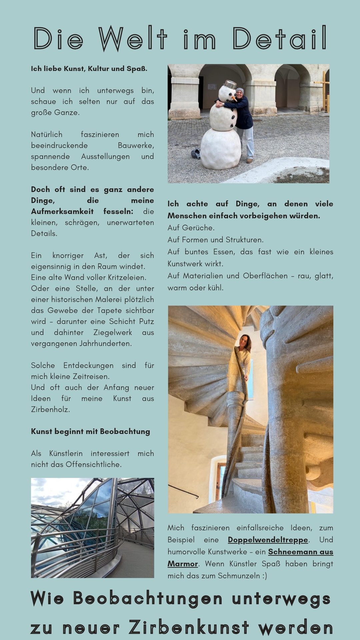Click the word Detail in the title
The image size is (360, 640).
coord(279,39)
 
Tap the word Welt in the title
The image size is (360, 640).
coord(132,39)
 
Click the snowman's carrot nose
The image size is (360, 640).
coord(235,98)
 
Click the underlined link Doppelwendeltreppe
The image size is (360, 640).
coord(268,540)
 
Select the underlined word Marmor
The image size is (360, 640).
coord(183,564)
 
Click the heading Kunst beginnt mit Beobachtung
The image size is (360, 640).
coord(90,431)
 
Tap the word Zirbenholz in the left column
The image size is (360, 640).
coord(50,409)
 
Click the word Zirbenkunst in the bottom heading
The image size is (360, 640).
coord(189,627)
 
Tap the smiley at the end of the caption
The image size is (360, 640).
coord(264,576)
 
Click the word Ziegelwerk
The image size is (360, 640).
coord(113,332)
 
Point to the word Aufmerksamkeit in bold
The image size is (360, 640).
coord(62,211)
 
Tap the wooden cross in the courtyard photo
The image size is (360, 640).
coord(323,90)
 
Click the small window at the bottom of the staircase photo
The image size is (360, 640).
coord(220,480)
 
